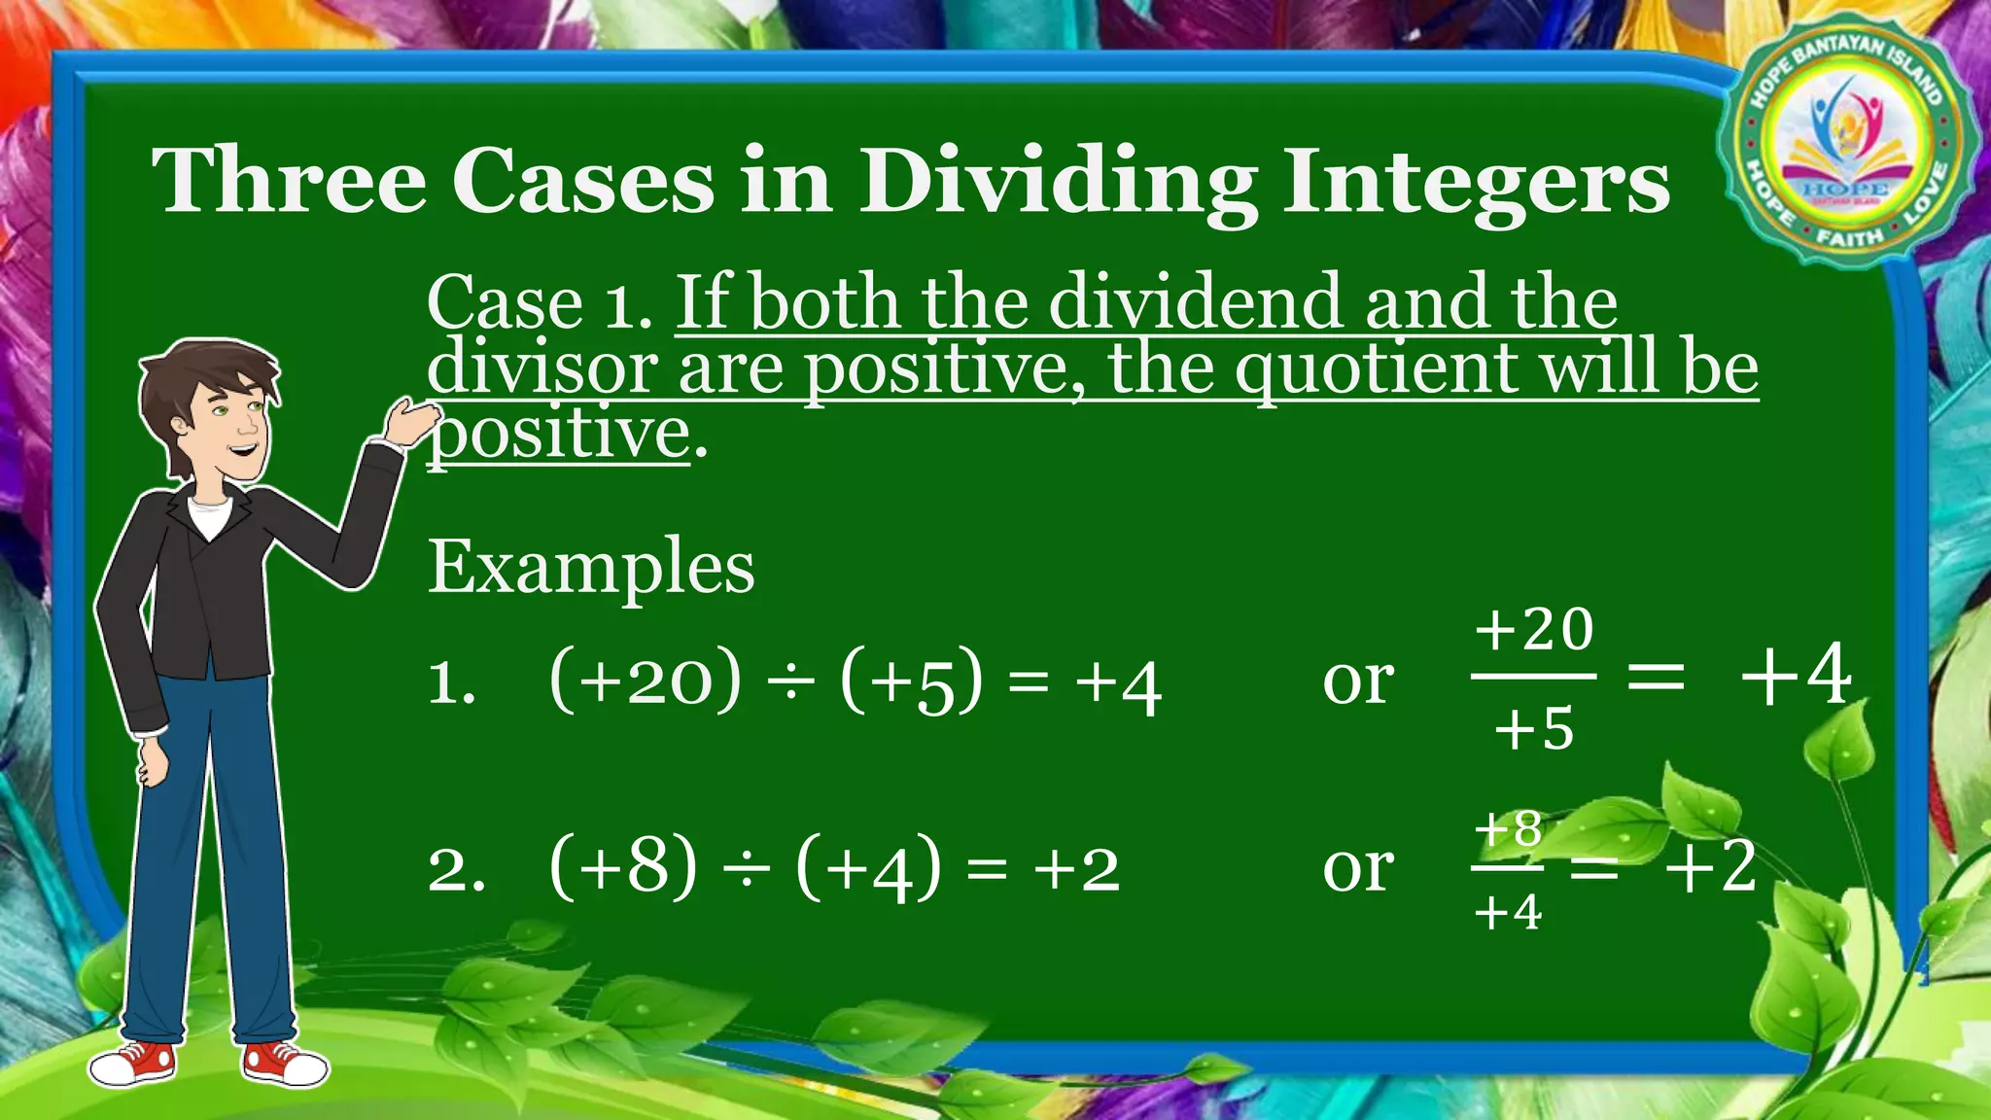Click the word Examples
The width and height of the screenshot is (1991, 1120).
coord(591,568)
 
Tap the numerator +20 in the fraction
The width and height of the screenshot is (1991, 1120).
coord(1534,630)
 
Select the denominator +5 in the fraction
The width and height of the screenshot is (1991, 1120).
coord(1534,729)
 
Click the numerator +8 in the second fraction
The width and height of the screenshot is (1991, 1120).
coord(1508,829)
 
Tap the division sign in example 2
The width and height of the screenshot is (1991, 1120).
coord(746,868)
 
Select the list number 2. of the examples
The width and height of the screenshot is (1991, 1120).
coord(455,869)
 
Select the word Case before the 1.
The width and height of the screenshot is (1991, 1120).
coord(505,303)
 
